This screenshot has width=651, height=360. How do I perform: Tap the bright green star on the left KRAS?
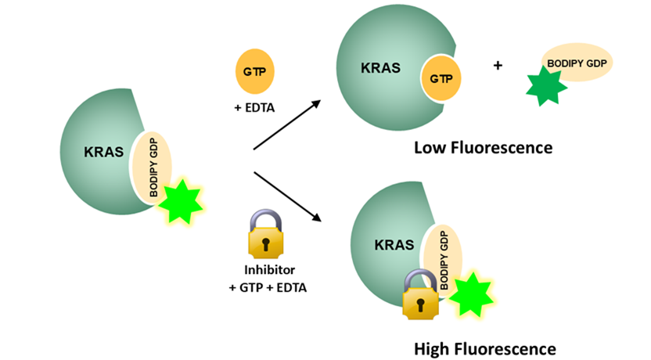pyautogui.click(x=180, y=201)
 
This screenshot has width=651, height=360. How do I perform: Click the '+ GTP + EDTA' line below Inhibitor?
pyautogui.click(x=268, y=287)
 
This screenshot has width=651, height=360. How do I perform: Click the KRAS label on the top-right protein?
pyautogui.click(x=381, y=68)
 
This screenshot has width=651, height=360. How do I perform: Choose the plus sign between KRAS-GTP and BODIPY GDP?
pyautogui.click(x=498, y=66)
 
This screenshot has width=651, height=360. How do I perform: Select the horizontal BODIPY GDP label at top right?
pyautogui.click(x=580, y=62)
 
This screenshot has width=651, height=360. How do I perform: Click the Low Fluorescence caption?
pyautogui.click(x=484, y=147)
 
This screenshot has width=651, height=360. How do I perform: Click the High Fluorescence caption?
pyautogui.click(x=485, y=348)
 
